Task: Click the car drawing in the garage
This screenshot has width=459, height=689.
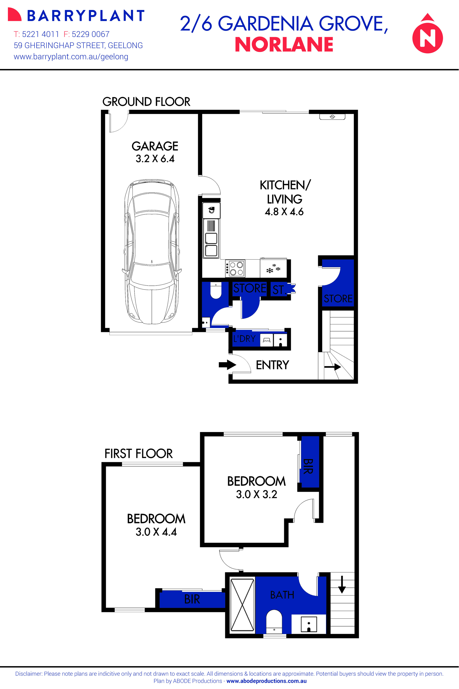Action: point(152,252)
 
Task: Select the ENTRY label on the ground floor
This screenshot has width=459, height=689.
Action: point(272,365)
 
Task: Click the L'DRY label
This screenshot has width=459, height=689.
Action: point(244,339)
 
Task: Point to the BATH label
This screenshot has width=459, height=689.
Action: point(282,595)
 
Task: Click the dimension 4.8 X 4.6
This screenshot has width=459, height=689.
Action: point(284,212)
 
